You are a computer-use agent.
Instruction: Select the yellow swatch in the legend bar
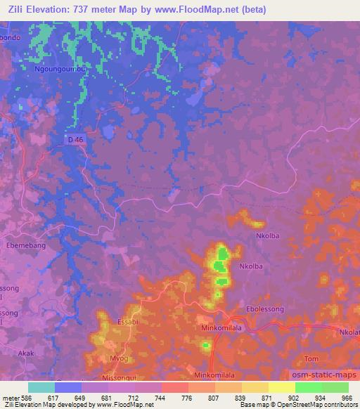pyautogui.click(x=281, y=387)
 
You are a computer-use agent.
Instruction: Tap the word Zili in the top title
pyautogui.click(x=19, y=8)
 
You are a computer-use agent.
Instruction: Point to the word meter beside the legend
pyautogui.click(x=10, y=398)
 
